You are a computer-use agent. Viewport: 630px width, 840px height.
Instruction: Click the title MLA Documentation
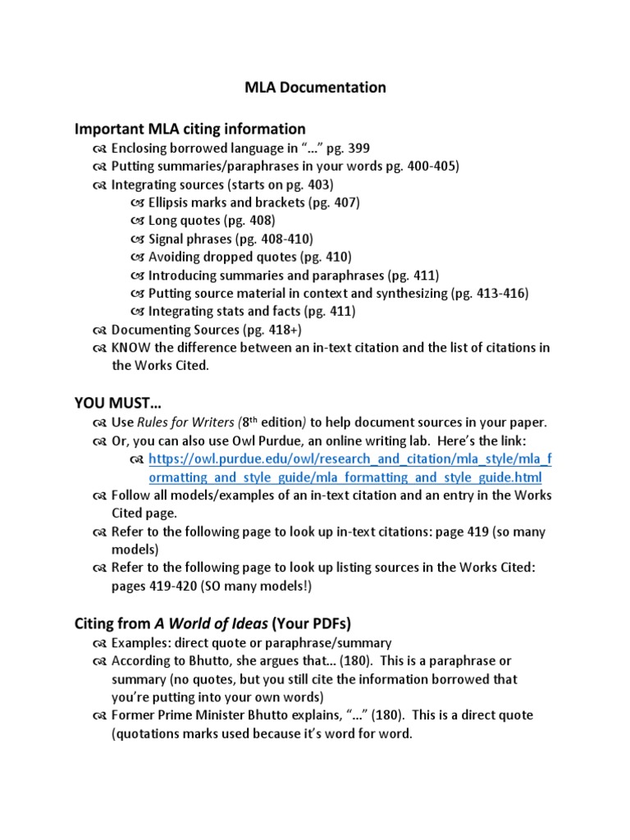point(315,87)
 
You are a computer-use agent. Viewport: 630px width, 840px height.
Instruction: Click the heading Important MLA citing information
point(190,129)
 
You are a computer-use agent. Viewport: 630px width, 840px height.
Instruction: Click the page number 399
point(358,148)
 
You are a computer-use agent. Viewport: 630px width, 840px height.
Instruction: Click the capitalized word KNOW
point(130,347)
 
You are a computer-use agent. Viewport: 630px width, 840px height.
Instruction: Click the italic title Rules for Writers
point(185,422)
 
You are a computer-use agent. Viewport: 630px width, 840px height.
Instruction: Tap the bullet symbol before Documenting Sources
point(99,330)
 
